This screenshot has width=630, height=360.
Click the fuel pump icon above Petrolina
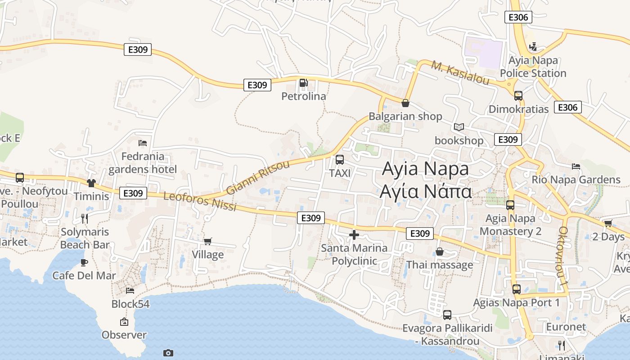[304, 83]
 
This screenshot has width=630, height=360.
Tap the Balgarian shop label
[405, 117]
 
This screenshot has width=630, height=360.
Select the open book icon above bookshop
[459, 127]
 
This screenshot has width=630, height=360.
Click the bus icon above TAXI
[340, 160]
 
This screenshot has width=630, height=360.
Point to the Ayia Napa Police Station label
[533, 67]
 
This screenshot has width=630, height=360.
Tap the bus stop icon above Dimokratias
[518, 95]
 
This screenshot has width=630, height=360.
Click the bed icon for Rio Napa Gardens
[576, 166]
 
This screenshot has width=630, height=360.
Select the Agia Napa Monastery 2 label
[510, 225]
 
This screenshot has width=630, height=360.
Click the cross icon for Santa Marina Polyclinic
[354, 234]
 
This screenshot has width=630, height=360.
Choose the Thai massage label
[440, 265]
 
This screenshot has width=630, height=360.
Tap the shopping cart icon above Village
[207, 242]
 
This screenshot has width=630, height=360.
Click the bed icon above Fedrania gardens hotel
[143, 143]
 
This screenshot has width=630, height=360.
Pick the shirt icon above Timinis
[91, 183]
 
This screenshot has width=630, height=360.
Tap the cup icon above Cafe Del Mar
[84, 262]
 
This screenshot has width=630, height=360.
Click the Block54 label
[130, 304]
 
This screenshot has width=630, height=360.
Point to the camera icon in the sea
[168, 353]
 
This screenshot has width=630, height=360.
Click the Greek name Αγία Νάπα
[425, 191]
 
